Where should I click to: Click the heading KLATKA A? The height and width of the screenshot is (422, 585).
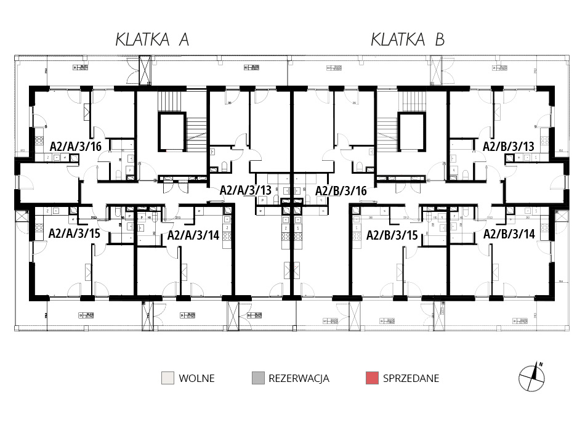tap(152, 40)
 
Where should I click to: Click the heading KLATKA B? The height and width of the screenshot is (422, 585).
tap(408, 40)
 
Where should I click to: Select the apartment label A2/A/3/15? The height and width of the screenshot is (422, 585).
tap(74, 234)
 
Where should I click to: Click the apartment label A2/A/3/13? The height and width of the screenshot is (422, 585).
tap(246, 190)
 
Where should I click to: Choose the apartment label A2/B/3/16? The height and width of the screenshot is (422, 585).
tap(341, 190)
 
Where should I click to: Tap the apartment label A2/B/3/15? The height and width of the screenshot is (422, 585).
tap(392, 234)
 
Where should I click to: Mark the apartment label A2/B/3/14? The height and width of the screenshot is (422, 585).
tap(509, 234)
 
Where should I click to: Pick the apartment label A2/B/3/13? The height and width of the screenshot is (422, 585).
tap(509, 146)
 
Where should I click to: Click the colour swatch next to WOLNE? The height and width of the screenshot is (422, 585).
tap(167, 378)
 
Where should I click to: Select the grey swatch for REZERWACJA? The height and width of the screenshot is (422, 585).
tap(257, 378)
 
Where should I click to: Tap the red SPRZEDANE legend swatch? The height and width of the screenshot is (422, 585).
tap(371, 378)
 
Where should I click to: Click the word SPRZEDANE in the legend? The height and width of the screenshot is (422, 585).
tap(411, 378)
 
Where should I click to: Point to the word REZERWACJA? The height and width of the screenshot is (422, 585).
tap(299, 378)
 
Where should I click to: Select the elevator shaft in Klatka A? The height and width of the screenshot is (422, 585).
tap(172, 131)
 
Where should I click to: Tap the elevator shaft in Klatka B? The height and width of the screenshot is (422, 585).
tap(412, 131)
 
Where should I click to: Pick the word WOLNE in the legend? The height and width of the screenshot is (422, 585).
tap(196, 378)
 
